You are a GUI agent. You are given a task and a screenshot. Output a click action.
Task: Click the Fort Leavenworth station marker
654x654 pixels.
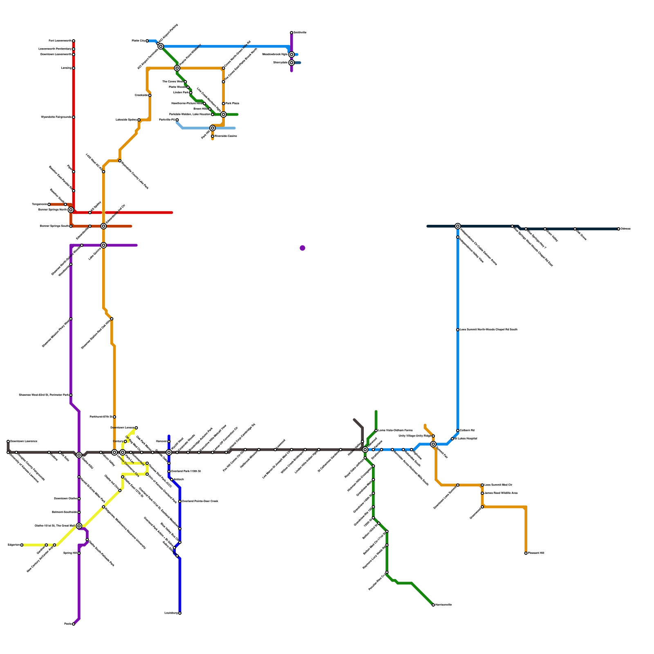[x=74, y=41]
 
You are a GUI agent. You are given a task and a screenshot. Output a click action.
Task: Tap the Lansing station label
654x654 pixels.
[x=66, y=68]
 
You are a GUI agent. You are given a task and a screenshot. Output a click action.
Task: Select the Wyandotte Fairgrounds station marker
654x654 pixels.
[x=74, y=117]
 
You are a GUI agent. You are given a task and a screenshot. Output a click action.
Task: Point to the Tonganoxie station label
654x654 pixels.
[x=39, y=204]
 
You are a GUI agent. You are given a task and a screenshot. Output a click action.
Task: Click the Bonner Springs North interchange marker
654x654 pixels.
[x=71, y=210]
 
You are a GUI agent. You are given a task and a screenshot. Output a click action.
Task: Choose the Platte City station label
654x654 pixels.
[x=138, y=41]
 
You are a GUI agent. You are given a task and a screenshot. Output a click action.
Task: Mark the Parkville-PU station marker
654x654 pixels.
[x=177, y=120]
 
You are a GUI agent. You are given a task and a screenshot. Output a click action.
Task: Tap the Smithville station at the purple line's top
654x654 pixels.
[x=291, y=33]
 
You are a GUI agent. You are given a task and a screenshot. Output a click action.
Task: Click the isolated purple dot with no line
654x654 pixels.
[x=302, y=248]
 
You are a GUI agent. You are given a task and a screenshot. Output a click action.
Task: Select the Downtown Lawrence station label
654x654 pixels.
[x=24, y=441]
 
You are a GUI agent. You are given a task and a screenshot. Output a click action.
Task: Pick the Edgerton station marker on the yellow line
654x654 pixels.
[x=22, y=545]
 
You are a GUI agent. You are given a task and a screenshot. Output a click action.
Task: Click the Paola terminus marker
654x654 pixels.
[x=74, y=624]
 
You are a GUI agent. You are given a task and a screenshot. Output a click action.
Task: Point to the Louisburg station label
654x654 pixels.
[x=171, y=613]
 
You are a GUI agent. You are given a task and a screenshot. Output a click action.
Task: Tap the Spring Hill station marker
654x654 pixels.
[x=79, y=553]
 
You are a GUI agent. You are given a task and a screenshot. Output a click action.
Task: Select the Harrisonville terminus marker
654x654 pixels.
[x=433, y=605]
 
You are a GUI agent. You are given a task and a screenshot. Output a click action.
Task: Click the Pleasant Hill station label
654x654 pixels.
[x=536, y=553]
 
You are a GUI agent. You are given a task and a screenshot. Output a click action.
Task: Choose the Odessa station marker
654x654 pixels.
[x=619, y=229]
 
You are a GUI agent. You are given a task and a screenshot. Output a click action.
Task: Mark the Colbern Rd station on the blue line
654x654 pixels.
[x=458, y=430]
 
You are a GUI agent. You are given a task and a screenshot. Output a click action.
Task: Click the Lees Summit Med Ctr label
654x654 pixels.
[x=498, y=485]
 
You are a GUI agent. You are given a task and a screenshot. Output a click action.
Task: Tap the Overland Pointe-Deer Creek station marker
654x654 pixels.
[x=180, y=502]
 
